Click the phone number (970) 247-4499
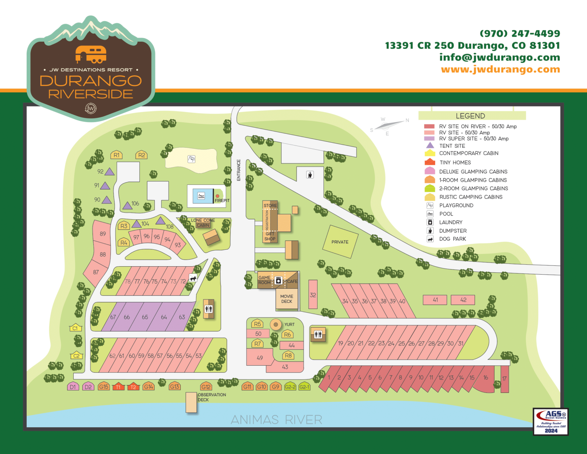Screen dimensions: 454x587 [520, 34]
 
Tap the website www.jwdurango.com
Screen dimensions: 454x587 [500, 69]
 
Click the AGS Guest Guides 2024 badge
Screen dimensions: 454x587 [551, 421]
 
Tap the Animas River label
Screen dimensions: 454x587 [276, 420]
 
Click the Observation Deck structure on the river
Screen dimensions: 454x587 [191, 402]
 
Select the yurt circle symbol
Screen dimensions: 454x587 [276, 325]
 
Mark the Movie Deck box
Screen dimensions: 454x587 [287, 299]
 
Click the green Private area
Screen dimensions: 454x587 [340, 242]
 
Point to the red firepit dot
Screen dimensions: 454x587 [217, 196]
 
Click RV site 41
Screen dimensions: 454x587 [435, 300]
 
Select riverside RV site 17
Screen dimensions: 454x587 [504, 379]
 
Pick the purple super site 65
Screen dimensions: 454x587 [145, 317]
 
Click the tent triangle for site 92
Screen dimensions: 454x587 [110, 172]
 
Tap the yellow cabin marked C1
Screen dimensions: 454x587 [75, 328]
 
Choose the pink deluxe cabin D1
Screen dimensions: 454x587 [73, 387]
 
